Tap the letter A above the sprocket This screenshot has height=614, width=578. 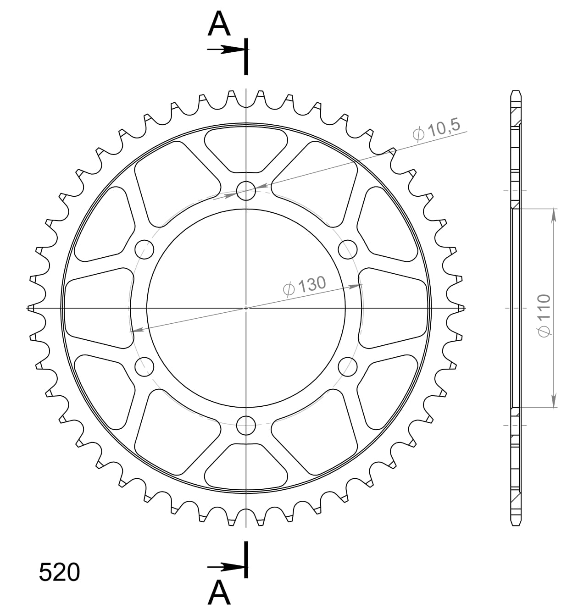(219, 24)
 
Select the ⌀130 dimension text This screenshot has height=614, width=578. (305, 286)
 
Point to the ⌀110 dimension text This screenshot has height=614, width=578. (544, 315)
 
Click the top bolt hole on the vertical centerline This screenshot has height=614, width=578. (246, 191)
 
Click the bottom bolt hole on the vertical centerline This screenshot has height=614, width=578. (246, 426)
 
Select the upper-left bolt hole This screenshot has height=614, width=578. (144, 249)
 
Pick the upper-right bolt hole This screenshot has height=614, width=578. (348, 249)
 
